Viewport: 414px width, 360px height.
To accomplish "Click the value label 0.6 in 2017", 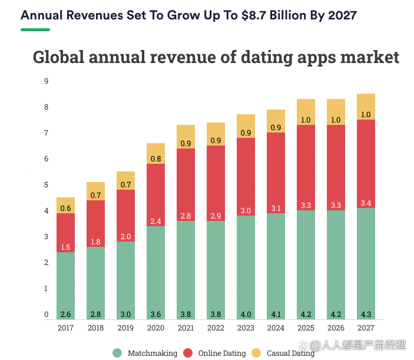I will tap(65, 208).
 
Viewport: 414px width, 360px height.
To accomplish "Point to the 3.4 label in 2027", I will tap(366, 203).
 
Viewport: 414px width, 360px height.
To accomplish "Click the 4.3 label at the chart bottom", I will tap(366, 314).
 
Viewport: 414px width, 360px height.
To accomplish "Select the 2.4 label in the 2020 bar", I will tap(155, 221).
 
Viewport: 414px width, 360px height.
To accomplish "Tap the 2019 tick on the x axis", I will tap(125, 328).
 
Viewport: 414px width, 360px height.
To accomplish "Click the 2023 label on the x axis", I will tap(246, 328).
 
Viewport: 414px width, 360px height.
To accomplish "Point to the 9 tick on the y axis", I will tap(46, 81).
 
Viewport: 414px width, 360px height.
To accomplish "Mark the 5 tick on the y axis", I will tap(46, 185).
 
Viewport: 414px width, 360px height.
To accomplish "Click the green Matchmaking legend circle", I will tap(117, 353).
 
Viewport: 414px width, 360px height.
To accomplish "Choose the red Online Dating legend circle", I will tap(188, 353).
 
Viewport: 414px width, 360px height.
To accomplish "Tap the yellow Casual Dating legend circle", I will tap(256, 353).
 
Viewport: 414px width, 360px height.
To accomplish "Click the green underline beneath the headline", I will tap(35, 29).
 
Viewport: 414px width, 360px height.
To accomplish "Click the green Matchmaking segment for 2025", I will tap(306, 259).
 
